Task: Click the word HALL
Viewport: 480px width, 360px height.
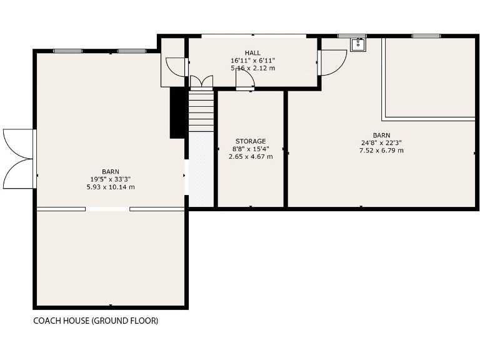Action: coord(252,53)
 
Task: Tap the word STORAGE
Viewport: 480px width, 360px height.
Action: coord(251,141)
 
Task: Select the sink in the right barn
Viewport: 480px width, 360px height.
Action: coord(357,44)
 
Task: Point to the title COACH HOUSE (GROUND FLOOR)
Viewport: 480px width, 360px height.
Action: coord(96,321)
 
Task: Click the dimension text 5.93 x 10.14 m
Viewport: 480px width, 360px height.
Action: coord(111,187)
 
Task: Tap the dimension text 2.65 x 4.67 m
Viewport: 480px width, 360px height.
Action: coord(251,156)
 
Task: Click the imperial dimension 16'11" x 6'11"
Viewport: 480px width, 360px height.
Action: coord(252,61)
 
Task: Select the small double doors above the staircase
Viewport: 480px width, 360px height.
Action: coord(201,81)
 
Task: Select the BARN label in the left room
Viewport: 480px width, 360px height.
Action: coord(111,172)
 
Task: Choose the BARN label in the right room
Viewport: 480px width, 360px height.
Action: coord(381,135)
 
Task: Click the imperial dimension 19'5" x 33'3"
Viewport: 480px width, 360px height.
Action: coord(111,179)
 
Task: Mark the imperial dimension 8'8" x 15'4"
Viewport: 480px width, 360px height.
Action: coord(251,149)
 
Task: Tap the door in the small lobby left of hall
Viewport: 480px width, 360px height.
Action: coord(176,67)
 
